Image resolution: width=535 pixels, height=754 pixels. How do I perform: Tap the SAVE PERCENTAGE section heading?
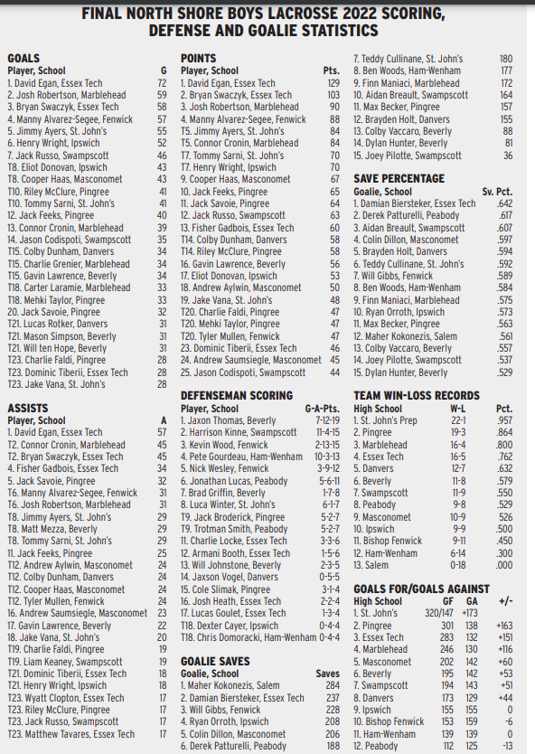click(399, 179)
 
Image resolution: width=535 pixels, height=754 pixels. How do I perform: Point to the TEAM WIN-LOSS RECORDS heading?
click(417, 396)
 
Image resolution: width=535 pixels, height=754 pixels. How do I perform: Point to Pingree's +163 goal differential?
click(503, 626)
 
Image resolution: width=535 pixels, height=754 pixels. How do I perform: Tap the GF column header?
click(447, 601)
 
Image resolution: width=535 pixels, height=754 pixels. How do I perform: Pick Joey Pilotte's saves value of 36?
click(507, 155)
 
